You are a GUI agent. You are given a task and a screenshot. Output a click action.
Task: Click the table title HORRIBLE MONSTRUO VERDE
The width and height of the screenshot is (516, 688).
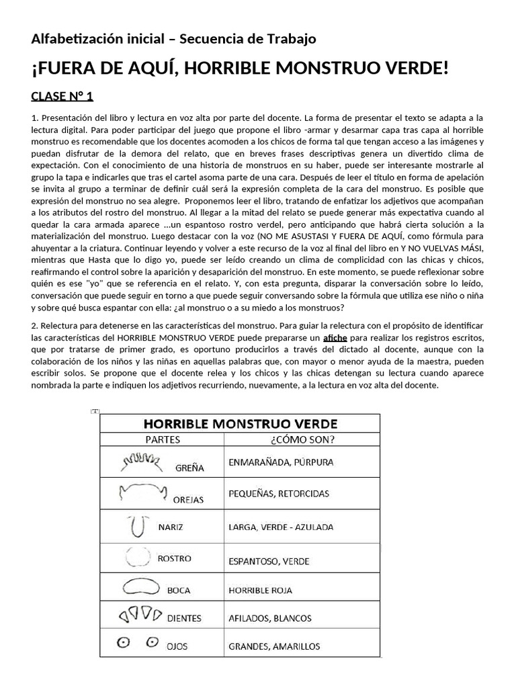tap(240, 423)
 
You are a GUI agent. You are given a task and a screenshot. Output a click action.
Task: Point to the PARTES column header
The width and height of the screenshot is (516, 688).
tap(162, 440)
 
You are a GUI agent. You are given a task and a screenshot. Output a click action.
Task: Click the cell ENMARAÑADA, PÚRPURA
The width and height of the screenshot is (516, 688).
tap(281, 462)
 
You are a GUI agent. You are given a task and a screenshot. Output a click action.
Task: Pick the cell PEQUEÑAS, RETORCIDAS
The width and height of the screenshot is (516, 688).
tap(279, 494)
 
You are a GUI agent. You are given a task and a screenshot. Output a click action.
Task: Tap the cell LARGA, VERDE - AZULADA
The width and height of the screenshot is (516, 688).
tap(282, 527)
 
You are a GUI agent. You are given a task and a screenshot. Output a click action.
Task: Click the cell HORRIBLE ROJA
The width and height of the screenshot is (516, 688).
tap(260, 591)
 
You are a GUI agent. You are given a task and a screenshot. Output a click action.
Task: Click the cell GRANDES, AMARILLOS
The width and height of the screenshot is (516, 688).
tap(274, 646)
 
